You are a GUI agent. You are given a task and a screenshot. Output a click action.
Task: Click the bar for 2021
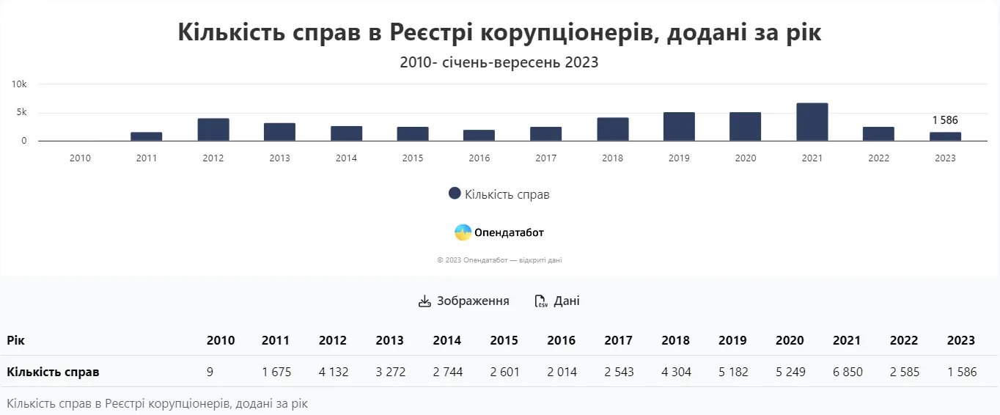[x=812, y=122]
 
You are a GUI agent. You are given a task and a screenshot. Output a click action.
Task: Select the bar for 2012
[x=213, y=130]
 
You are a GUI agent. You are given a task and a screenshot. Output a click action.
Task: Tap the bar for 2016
[x=479, y=136]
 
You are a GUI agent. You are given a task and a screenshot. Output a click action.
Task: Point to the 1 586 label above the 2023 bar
[x=945, y=120]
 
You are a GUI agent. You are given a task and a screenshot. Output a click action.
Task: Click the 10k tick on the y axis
[x=20, y=84]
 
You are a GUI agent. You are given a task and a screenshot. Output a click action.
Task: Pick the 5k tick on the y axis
[x=21, y=113]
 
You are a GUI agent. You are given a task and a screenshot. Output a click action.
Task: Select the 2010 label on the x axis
[x=80, y=158]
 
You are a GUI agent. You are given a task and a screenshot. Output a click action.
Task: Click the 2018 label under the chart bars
[x=612, y=158]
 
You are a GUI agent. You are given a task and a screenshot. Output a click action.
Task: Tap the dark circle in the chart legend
[x=455, y=194]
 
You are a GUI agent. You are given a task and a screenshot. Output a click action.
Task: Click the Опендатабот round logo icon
[x=463, y=232]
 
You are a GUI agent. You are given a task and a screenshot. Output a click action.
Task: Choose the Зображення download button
[x=463, y=301]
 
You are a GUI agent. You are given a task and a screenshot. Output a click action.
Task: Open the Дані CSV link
[x=557, y=301]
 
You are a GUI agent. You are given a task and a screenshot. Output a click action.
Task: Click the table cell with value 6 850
[x=848, y=372]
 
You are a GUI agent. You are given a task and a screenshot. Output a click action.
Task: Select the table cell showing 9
[x=210, y=372]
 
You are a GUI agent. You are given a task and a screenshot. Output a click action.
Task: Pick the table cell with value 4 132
[x=333, y=372]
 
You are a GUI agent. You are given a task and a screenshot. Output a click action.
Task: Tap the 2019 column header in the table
[x=732, y=340]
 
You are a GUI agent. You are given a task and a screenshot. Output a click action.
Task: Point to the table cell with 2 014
[x=562, y=372]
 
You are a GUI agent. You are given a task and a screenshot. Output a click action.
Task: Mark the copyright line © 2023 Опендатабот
[x=499, y=260]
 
